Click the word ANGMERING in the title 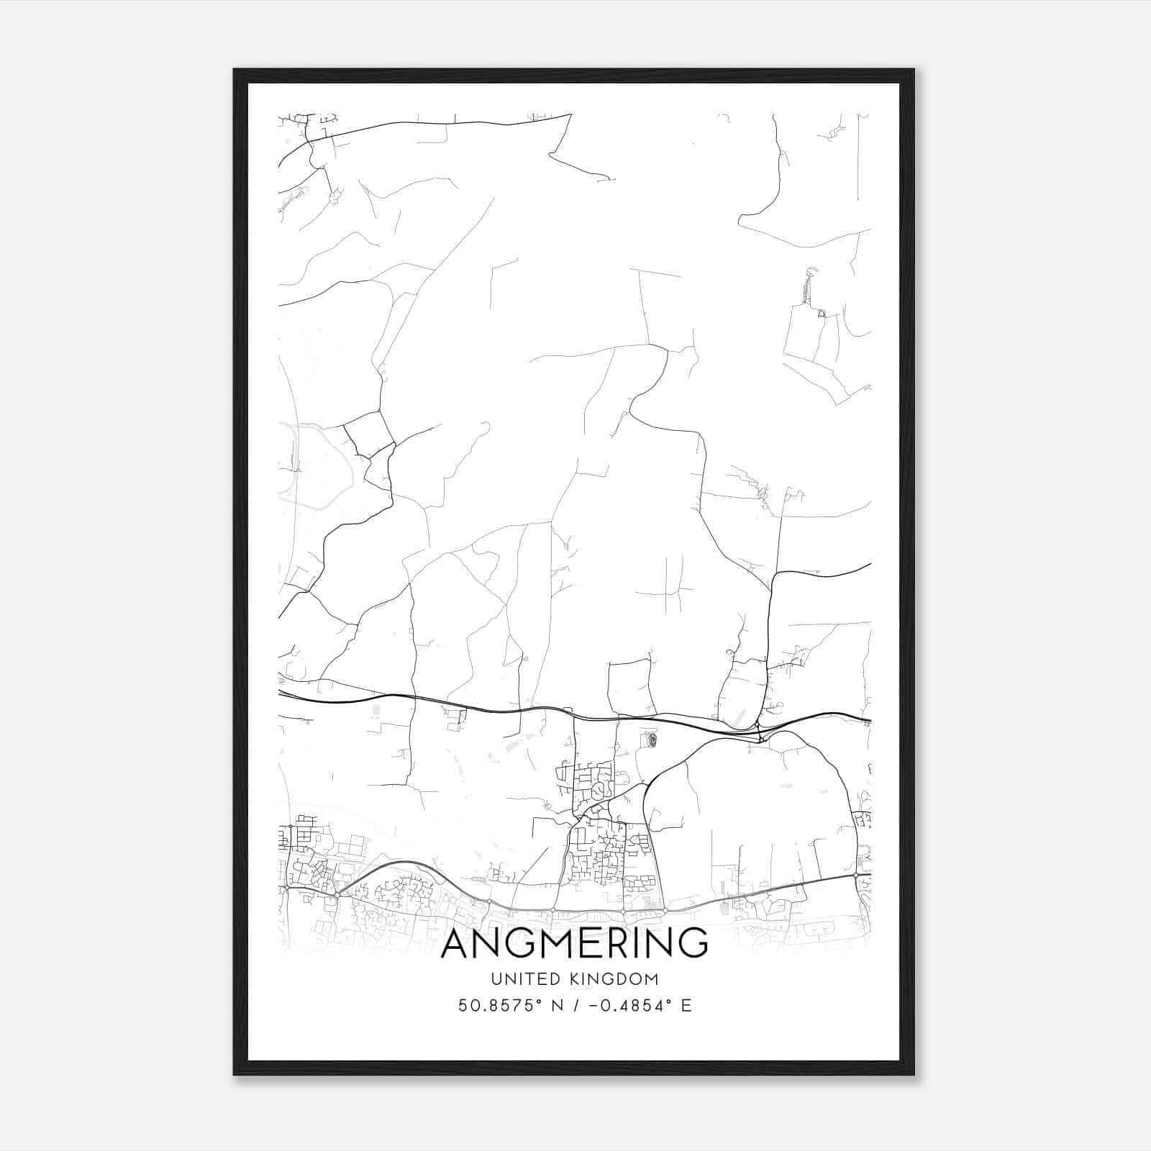[574, 943]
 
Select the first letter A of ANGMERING [457, 943]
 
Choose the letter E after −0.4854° [686, 1006]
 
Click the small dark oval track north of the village [651, 739]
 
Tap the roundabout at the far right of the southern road [856, 875]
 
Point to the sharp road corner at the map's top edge [570, 114]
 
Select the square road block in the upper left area [369, 434]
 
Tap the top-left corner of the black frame [235, 70]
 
